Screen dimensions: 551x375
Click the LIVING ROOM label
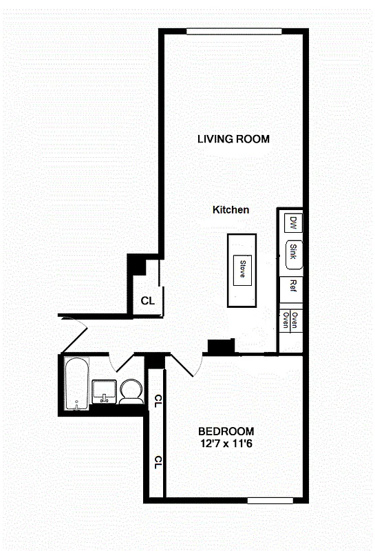coord(233,139)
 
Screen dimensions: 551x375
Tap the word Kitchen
coord(231,210)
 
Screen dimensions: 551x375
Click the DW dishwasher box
coord(292,222)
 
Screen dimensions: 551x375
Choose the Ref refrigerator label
coord(292,286)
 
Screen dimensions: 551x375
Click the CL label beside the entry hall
coord(147,301)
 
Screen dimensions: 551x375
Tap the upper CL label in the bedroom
coord(158,399)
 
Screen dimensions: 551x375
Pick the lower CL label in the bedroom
coord(158,462)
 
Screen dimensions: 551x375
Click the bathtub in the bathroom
coord(76,384)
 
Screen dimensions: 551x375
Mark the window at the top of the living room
coord(234,30)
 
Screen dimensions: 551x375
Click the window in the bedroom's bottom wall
coord(270,500)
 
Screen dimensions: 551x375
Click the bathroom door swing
coord(122,363)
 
